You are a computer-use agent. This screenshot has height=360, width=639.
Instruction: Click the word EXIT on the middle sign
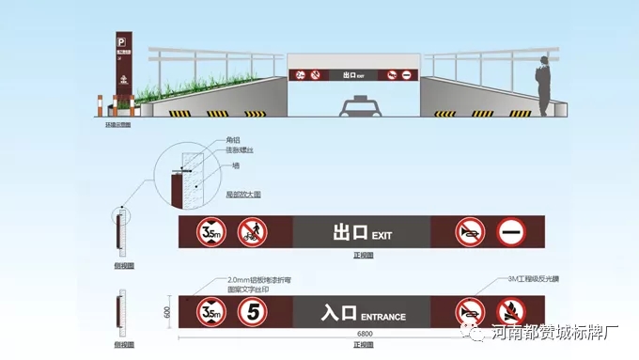point(382,234)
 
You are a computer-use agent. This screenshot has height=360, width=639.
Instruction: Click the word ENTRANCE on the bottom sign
point(383,317)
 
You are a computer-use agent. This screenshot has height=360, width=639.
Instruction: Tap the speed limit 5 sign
point(251,312)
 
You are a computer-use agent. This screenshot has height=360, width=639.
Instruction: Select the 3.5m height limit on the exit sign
point(210,231)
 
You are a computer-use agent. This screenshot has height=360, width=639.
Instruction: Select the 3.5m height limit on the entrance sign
point(210,312)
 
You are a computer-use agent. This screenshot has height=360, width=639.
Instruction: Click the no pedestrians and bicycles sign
point(250,231)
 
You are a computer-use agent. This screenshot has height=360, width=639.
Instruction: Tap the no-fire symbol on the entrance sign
point(511,312)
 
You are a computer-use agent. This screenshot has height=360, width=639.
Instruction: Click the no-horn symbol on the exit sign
point(471,231)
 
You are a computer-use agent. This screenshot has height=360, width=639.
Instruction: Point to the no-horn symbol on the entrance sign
point(471,312)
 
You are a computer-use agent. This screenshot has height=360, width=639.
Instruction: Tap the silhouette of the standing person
point(544,86)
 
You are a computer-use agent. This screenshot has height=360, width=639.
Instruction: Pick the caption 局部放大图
point(243,194)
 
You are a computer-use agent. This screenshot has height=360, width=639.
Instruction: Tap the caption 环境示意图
point(119,123)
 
